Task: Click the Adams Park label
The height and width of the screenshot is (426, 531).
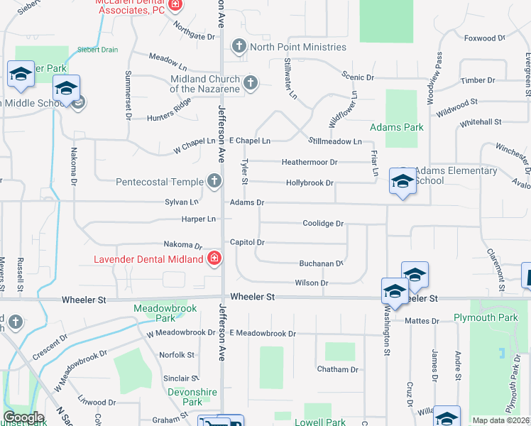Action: point(397,128)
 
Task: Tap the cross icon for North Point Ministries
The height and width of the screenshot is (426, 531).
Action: point(239,48)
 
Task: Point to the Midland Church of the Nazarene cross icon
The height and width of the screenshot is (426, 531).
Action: point(249,84)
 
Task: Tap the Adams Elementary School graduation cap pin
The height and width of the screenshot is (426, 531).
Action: point(402,183)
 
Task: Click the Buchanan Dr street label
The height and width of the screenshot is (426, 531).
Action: point(320,263)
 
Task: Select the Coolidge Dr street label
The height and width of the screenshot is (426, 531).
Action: point(323,224)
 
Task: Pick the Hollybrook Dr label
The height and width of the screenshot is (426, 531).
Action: point(310,183)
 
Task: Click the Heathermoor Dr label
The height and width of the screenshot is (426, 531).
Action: point(310,163)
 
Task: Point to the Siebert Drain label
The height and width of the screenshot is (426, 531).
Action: point(98,50)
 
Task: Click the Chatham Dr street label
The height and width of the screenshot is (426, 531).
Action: point(338,369)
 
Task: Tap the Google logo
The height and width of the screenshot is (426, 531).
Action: point(23,417)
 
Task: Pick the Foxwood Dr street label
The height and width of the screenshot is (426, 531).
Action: point(481,38)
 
